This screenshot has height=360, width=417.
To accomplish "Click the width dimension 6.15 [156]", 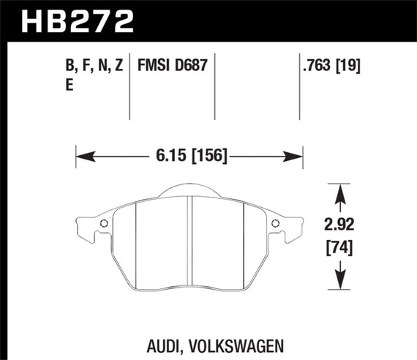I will [x=190, y=155].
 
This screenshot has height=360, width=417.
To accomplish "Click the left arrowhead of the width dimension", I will [x=83, y=155].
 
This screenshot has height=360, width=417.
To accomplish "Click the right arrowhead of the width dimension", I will [x=296, y=155].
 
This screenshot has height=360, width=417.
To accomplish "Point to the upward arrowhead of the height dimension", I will [x=338, y=191].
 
